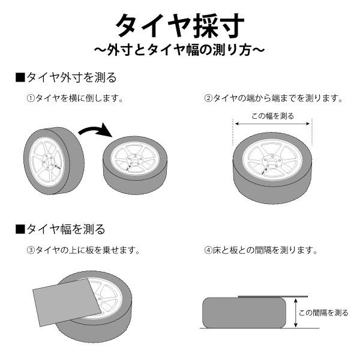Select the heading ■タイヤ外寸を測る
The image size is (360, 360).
point(66,77)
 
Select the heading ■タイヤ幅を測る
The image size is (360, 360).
point(60,229)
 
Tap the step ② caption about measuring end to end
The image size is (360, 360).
point(274,98)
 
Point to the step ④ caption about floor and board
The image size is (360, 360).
point(261,249)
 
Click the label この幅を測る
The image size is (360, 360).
point(274,116)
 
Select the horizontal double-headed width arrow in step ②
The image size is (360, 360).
point(274,124)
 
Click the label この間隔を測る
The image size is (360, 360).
point(323,313)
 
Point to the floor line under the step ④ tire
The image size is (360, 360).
point(252,329)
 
